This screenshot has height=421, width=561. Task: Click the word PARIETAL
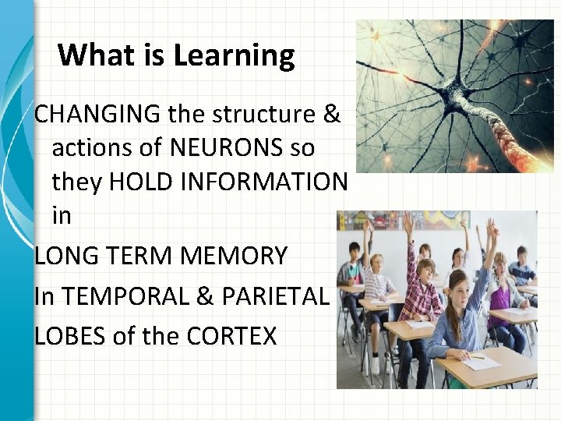click(x=277, y=295)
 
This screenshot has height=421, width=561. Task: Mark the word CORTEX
click(x=232, y=336)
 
